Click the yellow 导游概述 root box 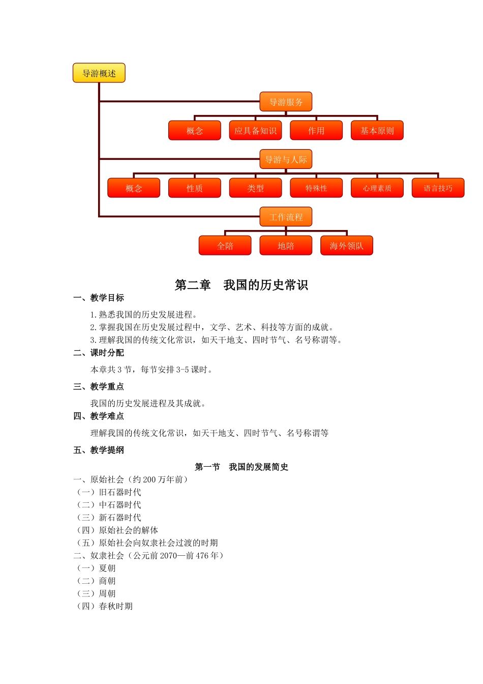click(x=99, y=73)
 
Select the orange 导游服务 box click(x=286, y=102)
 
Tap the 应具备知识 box click(x=255, y=130)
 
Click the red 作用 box click(x=316, y=130)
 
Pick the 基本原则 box click(x=377, y=130)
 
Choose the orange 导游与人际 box click(x=286, y=159)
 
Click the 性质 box click(x=195, y=188)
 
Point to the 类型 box click(x=255, y=188)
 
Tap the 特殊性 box click(x=316, y=188)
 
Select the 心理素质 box click(x=377, y=188)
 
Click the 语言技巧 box click(x=438, y=188)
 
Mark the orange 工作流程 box click(x=286, y=217)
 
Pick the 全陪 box click(x=225, y=245)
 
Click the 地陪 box click(x=286, y=245)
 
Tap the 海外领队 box click(x=346, y=245)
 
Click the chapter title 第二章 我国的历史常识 click(x=242, y=285)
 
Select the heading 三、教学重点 click(x=99, y=387)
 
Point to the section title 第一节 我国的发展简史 click(x=242, y=467)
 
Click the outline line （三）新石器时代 click(x=108, y=518)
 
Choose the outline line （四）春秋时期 click(x=104, y=606)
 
